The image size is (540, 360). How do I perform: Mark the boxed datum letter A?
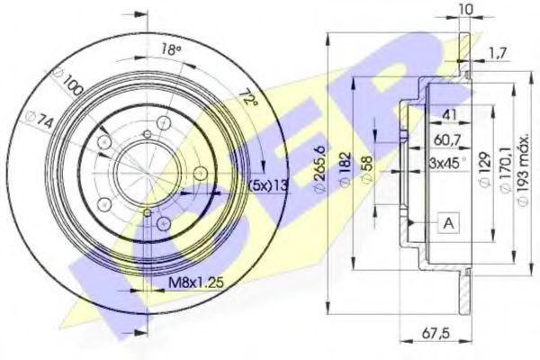pyautogui.click(x=447, y=220)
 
